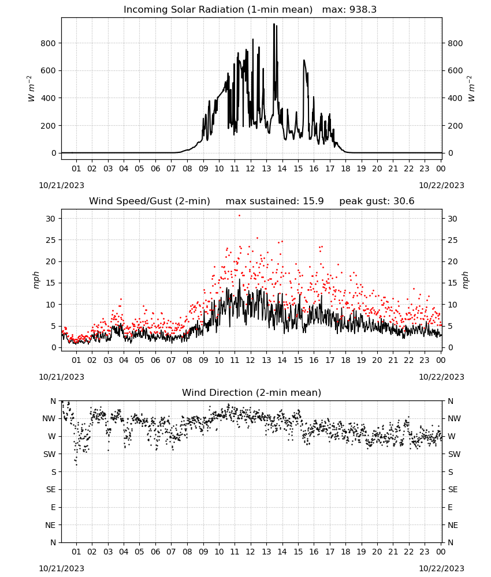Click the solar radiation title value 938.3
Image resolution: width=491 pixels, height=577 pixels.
[x=363, y=10]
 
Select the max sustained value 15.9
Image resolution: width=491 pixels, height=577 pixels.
[x=313, y=201]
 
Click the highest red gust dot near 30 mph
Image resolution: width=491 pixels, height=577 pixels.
[x=239, y=216]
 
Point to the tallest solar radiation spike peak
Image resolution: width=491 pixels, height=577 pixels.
[x=274, y=24]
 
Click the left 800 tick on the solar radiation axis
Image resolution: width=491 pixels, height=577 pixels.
[x=49, y=43]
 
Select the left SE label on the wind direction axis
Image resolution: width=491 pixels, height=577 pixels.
[x=51, y=489]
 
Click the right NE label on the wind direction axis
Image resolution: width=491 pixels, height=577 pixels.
[x=453, y=525]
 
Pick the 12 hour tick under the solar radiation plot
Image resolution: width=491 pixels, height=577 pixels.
[x=251, y=168]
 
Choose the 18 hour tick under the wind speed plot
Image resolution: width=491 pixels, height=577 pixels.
[x=345, y=360]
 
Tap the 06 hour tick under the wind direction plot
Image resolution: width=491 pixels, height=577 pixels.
[x=155, y=552]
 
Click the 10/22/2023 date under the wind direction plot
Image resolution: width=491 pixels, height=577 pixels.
[x=441, y=568]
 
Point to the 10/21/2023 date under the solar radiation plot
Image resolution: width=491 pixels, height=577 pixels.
[x=61, y=185]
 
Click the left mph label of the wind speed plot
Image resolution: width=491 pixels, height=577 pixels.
[x=36, y=280]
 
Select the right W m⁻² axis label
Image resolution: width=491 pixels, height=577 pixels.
[x=471, y=89]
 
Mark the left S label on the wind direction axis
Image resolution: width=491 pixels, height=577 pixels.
[x=54, y=472]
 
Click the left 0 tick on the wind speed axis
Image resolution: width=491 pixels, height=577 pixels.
[x=54, y=348]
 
